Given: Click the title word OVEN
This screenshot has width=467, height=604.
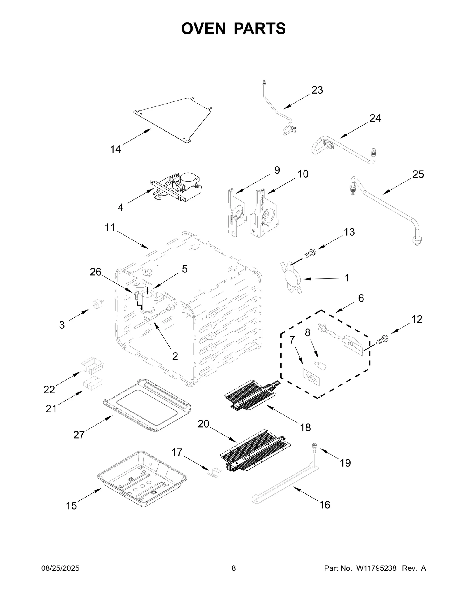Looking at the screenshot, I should tap(203, 29).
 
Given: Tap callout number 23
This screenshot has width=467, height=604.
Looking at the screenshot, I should tap(317, 90).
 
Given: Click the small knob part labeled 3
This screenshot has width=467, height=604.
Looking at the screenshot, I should tap(97, 304).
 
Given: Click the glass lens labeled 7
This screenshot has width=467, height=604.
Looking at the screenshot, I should tap(311, 377).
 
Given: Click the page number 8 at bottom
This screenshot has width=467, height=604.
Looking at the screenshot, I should tap(233, 568).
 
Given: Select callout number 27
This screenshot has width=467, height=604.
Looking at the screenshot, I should tap(79, 435).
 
